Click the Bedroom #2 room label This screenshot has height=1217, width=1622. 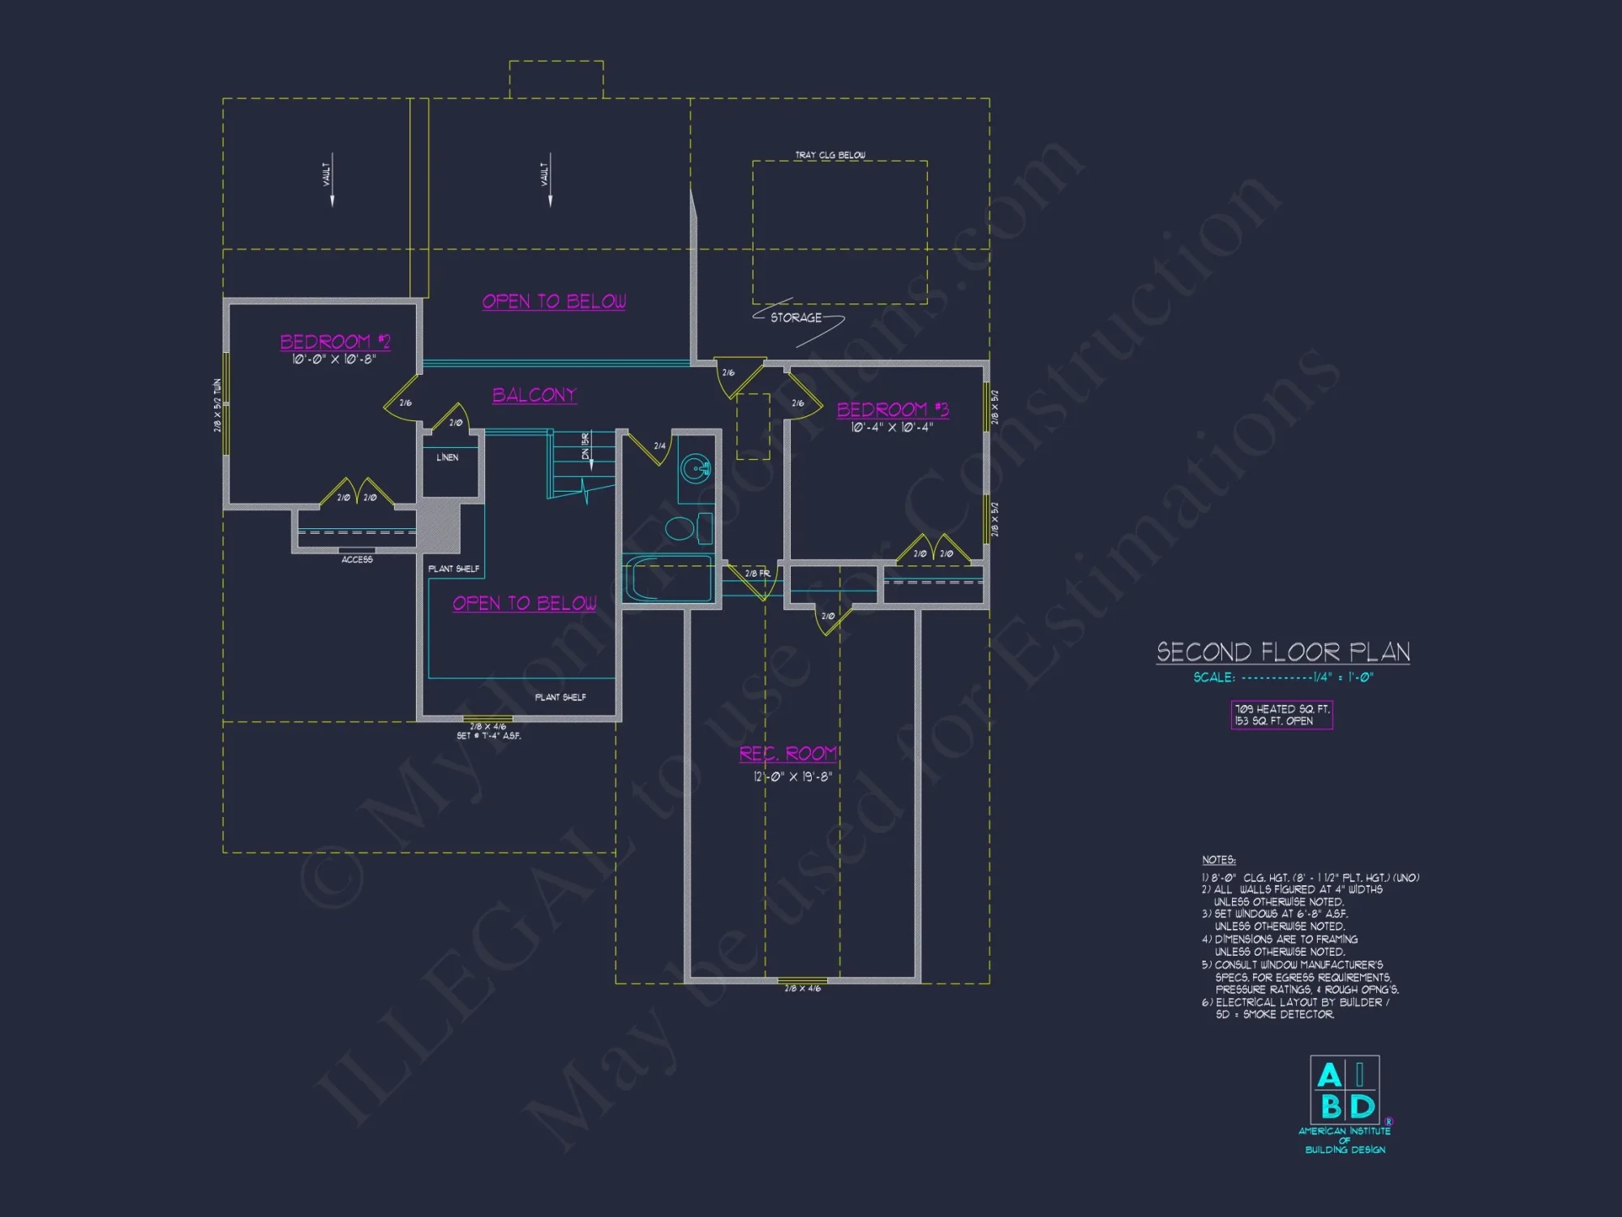coord(335,342)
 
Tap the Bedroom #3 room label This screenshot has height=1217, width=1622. coord(892,410)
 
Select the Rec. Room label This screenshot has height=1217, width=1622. coord(787,754)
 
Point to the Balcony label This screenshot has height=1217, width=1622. coord(534,395)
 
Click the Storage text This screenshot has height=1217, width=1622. coord(796,318)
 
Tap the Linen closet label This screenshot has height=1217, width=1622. coord(448,458)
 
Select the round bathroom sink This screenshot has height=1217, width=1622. coord(695,469)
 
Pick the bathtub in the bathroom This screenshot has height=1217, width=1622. coord(667,578)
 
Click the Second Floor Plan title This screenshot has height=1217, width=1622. coord(1283,652)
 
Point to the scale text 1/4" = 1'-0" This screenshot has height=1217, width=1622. coord(1343,677)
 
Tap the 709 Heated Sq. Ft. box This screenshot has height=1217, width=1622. coord(1281,715)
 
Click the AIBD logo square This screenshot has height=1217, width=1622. coord(1345,1090)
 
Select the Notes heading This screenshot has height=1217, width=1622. coord(1218,860)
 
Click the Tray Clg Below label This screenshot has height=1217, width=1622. coord(830,155)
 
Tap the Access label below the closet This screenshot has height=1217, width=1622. coord(357,560)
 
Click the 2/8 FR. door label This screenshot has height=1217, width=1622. coord(757,574)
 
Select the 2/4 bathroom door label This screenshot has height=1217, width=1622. coord(659,446)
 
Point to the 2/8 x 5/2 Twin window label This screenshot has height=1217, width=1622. coord(217,405)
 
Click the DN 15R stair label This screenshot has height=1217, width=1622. coord(586,446)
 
